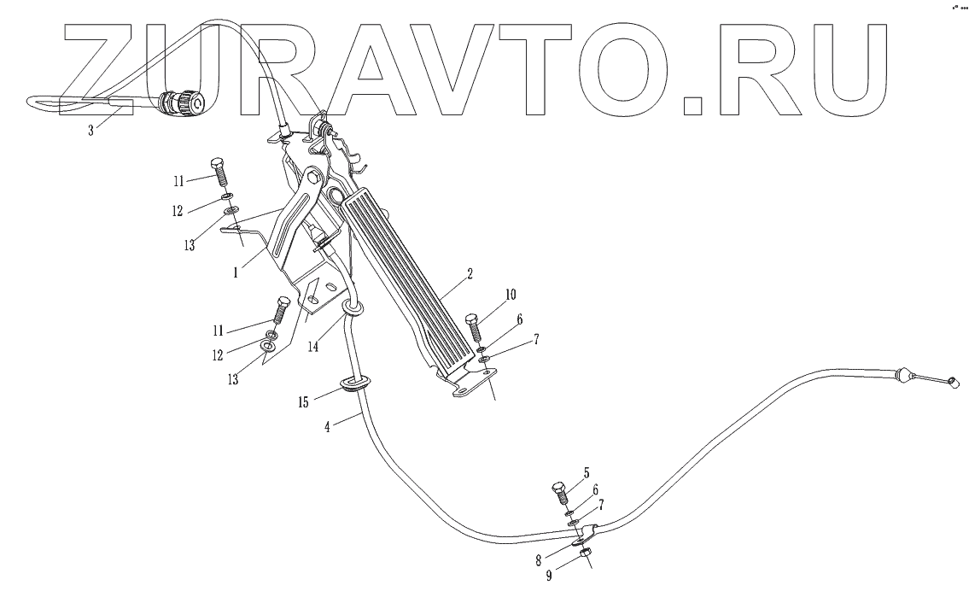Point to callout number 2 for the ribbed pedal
469,275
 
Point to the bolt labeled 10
475,328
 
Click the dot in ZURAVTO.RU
693,105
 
